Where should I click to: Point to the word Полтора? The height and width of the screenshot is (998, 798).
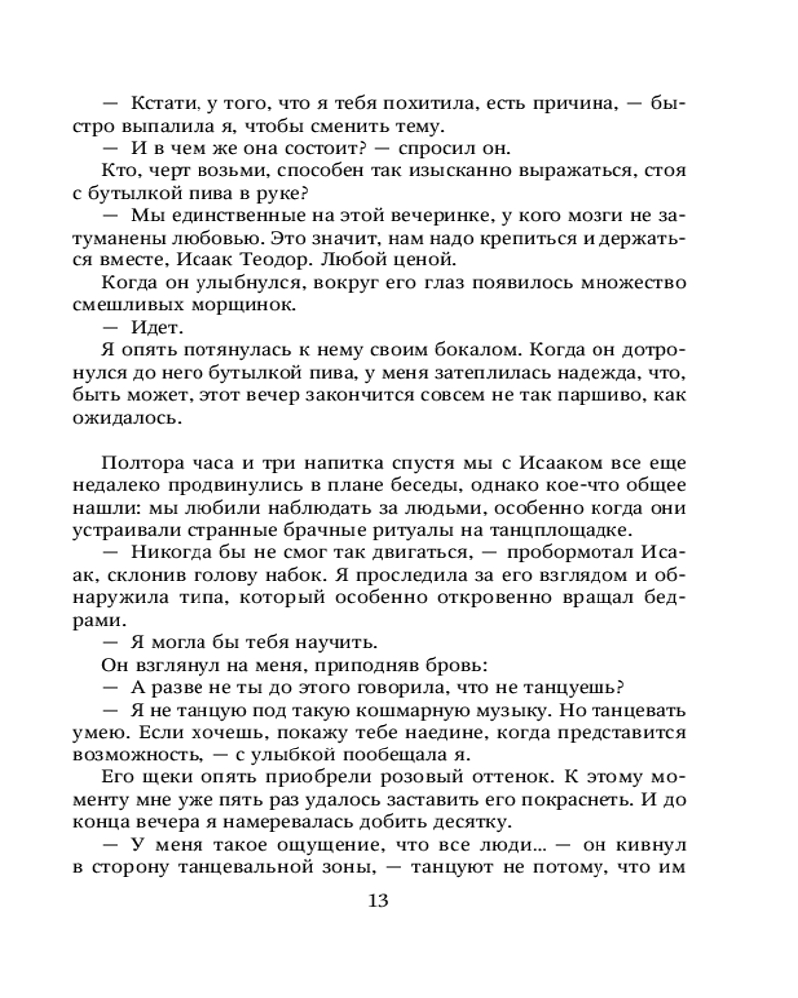coord(139,464)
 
